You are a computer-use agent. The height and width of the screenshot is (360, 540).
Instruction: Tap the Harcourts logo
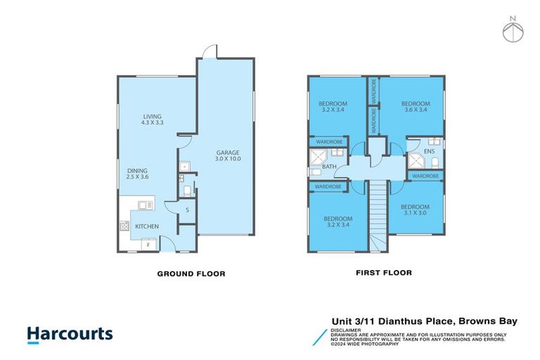pos(70,334)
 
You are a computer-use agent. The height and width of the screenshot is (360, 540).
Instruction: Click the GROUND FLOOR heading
pos(191,274)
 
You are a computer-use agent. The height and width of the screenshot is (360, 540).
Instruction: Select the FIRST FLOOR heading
pos(384,273)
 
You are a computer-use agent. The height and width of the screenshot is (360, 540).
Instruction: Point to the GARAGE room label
pos(228,152)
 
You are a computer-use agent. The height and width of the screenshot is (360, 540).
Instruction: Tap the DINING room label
pos(138,170)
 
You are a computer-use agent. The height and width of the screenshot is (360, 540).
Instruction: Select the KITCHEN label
pos(147,226)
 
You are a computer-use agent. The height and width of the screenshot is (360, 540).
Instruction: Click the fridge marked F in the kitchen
pos(148,245)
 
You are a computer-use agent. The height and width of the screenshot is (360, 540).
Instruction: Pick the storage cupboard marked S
pos(187,210)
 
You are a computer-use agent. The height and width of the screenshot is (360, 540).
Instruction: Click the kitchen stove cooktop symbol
pos(125,226)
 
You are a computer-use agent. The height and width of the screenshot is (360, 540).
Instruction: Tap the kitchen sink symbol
pos(146,205)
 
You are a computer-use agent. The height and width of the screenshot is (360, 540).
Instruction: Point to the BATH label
pos(330,167)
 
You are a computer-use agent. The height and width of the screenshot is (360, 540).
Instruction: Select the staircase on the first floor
pos(379,214)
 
